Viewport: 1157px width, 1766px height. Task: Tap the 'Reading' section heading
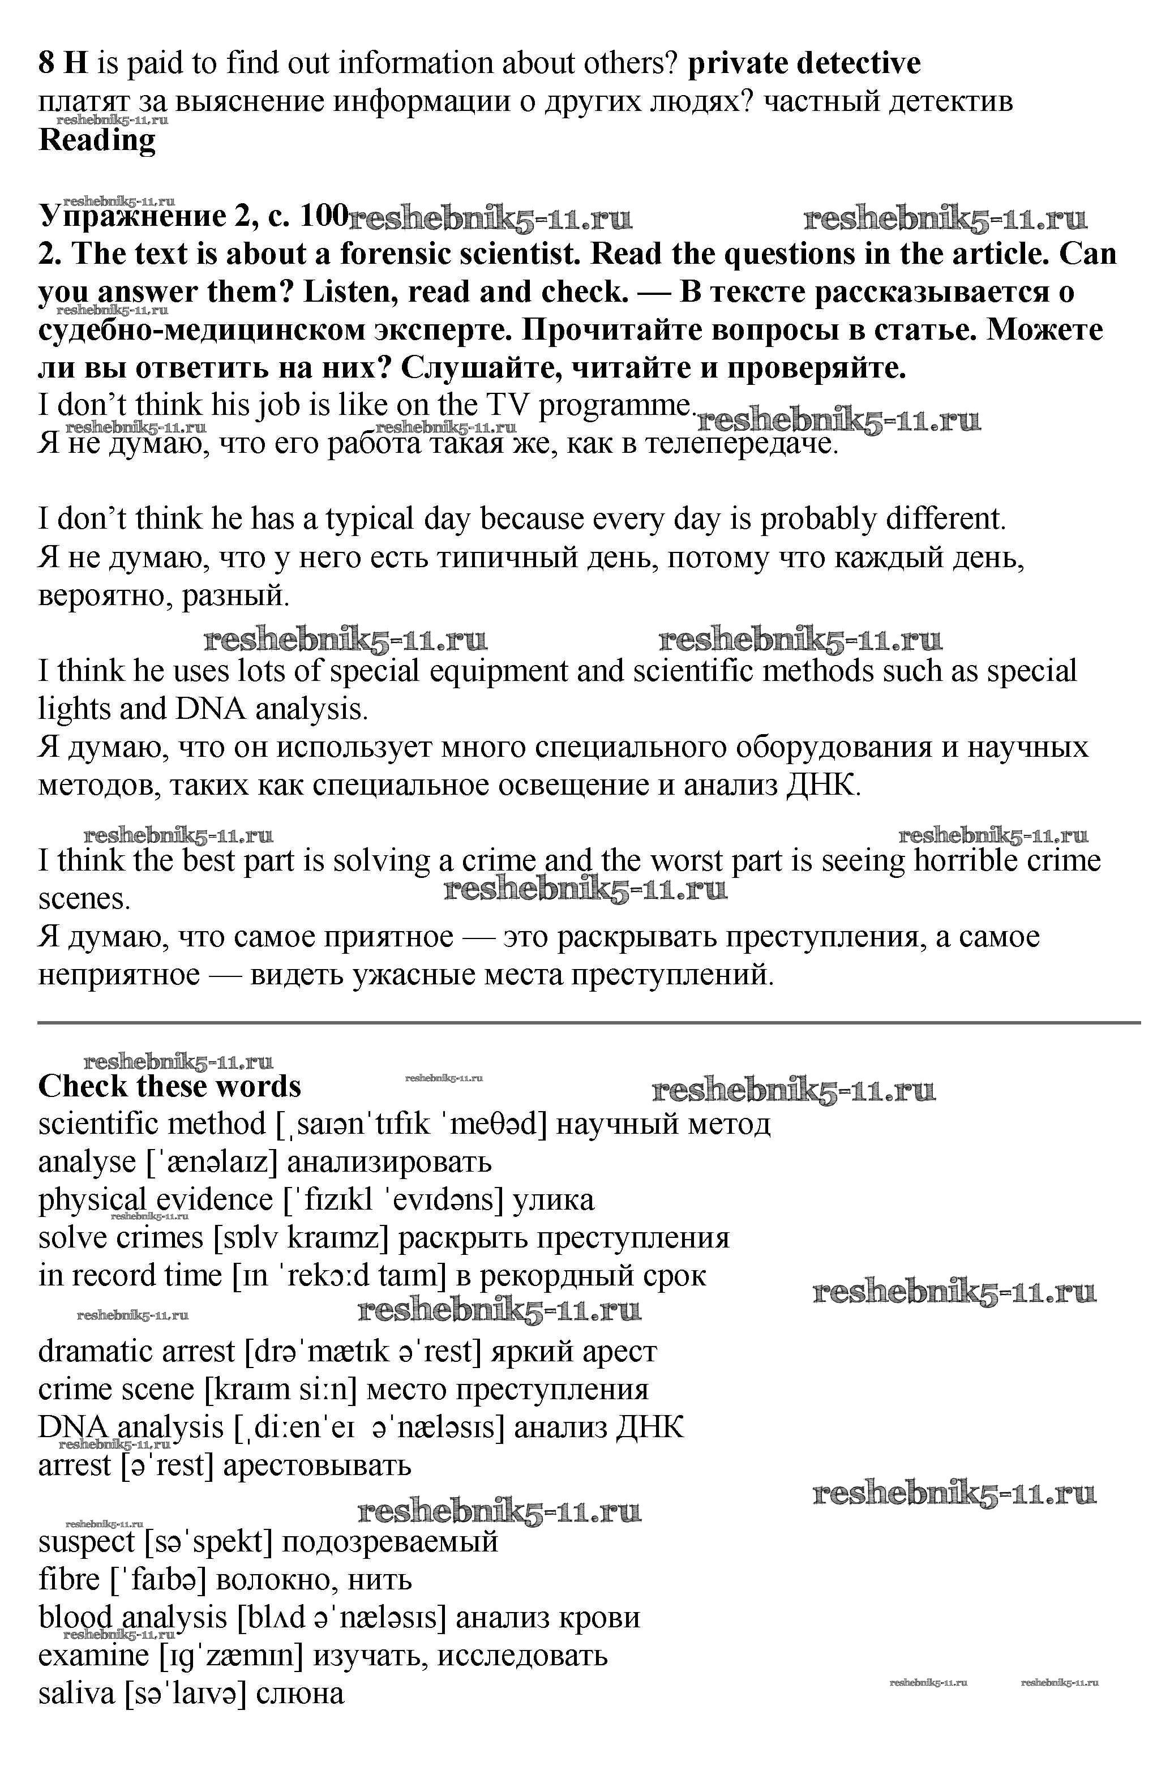[x=97, y=139]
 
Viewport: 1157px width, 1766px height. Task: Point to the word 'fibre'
[x=69, y=1580]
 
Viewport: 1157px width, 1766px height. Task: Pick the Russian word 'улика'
[x=554, y=1200]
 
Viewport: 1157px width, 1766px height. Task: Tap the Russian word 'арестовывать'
[x=317, y=1465]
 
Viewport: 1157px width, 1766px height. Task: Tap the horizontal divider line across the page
[x=589, y=1022]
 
